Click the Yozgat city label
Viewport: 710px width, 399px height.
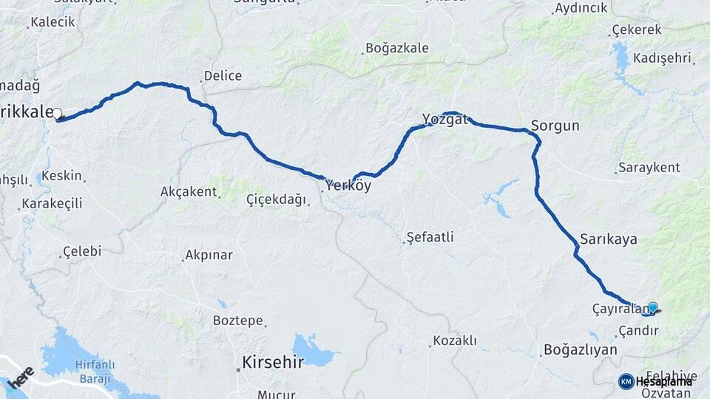444,119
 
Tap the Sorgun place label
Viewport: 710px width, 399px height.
555,125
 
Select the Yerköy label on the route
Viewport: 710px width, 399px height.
348,186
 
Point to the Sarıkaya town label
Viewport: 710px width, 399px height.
608,239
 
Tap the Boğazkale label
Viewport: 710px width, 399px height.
396,50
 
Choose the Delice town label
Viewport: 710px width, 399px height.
223,75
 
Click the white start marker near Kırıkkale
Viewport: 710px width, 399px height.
57,114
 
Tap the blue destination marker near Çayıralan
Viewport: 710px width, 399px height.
652,307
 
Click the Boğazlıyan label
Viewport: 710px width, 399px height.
580,349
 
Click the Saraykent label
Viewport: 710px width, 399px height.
651,168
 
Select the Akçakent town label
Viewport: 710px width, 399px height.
189,192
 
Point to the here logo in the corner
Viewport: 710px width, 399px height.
21,375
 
